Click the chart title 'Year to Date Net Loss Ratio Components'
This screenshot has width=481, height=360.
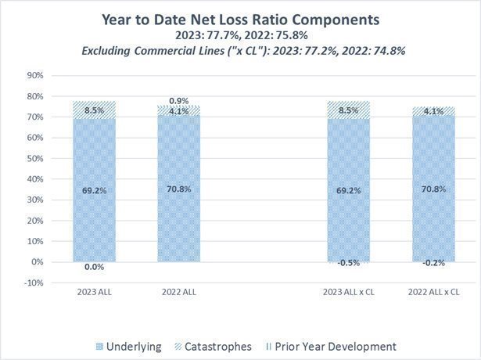pyautogui.click(x=240, y=19)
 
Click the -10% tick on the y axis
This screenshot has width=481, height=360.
pyautogui.click(x=33, y=283)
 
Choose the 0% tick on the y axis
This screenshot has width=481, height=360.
pyautogui.click(x=36, y=262)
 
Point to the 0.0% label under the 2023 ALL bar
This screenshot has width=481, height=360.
pyautogui.click(x=94, y=267)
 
